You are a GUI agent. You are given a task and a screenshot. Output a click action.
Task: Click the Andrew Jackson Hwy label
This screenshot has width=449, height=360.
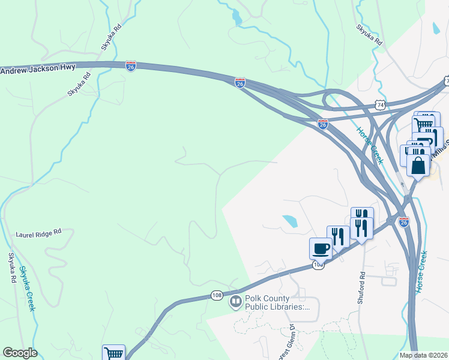click(38, 69)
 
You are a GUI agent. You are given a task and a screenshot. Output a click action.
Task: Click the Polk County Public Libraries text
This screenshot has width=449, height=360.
click(276, 302)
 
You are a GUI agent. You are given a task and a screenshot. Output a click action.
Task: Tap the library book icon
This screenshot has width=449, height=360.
click(235, 301)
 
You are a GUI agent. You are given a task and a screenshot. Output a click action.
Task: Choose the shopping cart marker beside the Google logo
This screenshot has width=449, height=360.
click(113, 353)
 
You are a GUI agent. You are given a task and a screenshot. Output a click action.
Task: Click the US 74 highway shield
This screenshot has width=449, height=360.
click(381, 104)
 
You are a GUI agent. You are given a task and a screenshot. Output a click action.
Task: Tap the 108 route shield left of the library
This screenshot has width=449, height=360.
click(217, 295)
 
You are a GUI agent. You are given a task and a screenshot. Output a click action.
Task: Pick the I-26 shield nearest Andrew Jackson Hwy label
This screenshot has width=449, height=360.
click(131, 65)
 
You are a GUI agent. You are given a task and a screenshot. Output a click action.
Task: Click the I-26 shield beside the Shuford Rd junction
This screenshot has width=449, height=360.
click(403, 222)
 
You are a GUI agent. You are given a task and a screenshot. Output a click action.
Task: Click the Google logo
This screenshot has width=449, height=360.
click(20, 353)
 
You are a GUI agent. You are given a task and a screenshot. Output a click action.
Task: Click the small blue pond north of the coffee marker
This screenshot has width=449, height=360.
click(290, 221)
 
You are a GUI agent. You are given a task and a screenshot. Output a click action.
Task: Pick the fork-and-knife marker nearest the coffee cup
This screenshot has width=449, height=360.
click(338, 236)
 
